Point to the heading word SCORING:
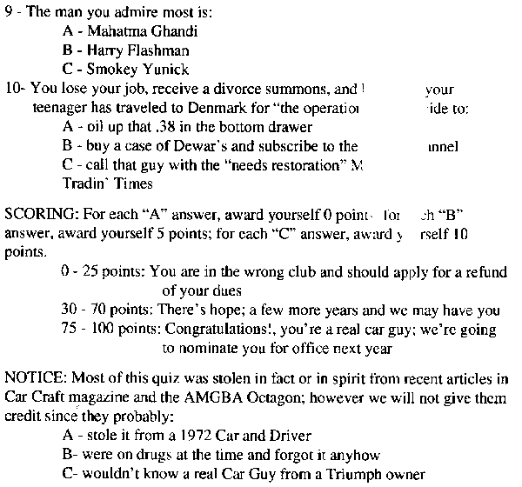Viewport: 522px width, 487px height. click(x=37, y=214)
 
